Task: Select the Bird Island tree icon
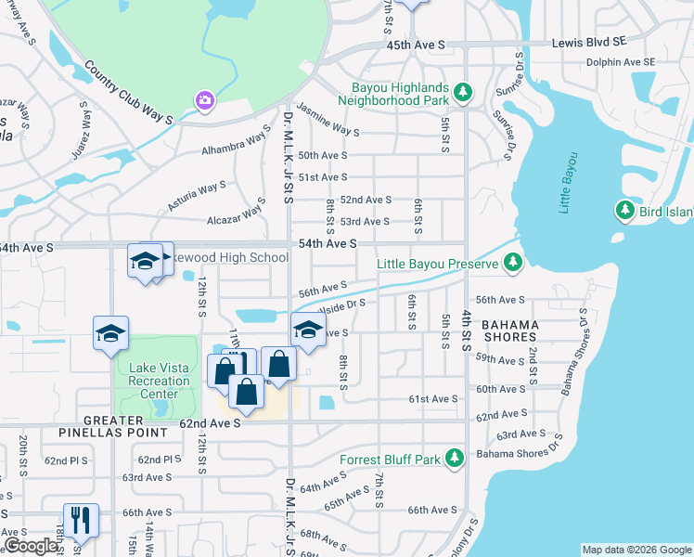pos(625,212)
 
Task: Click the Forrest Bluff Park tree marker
pos(454,458)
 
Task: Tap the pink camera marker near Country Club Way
pos(204,99)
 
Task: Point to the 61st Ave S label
pos(433,398)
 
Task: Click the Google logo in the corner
pos(31,547)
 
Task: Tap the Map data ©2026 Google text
pos(636,550)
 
